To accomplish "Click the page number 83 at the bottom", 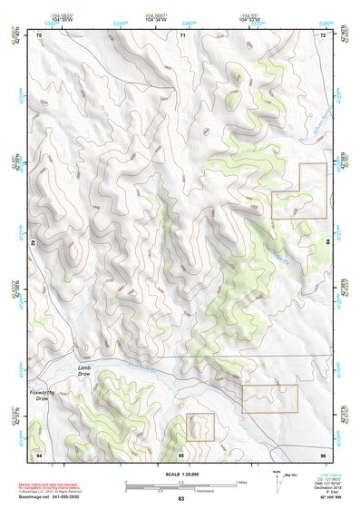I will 180,499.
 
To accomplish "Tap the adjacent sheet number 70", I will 39,34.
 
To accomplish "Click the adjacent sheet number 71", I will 181,34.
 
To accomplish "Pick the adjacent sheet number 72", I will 322,34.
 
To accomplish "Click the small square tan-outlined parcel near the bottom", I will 199,426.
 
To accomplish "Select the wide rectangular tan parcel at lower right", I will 269,397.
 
